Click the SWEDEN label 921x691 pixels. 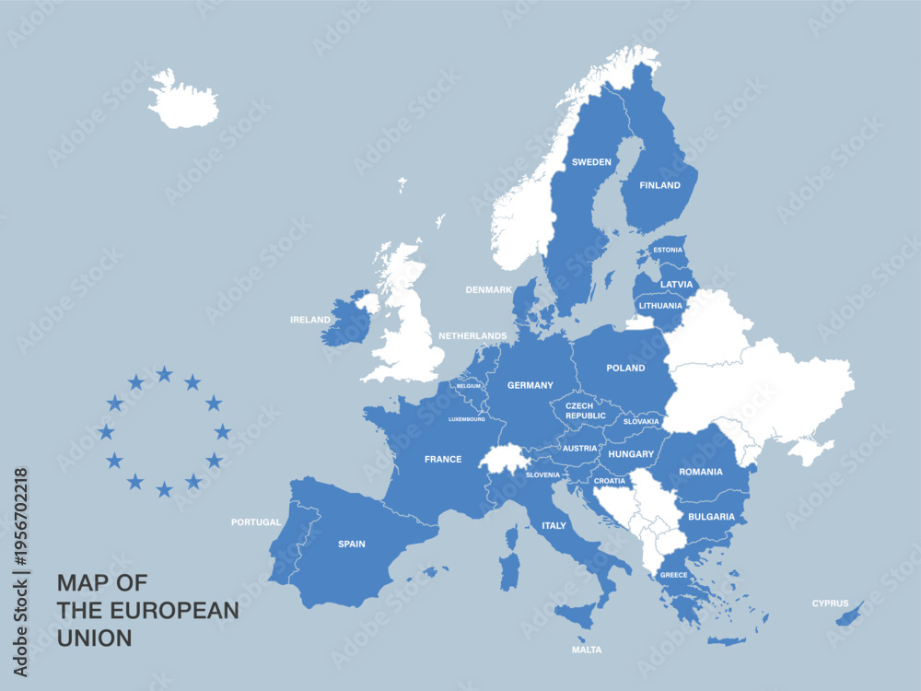[591, 162]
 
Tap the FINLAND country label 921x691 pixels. [659, 185]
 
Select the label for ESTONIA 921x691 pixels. [668, 250]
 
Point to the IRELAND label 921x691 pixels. [310, 320]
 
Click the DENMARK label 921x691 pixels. [488, 289]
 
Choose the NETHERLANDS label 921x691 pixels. [472, 336]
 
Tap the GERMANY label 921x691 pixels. [530, 385]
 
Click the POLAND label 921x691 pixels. [625, 369]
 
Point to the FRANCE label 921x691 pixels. [443, 459]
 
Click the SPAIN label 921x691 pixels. [351, 544]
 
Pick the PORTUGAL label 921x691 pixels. [256, 522]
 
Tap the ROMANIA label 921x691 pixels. [701, 472]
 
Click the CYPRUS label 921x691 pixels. [830, 603]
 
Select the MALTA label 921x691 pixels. [586, 650]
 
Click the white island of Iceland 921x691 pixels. [182, 100]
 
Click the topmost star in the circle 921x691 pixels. [164, 373]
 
